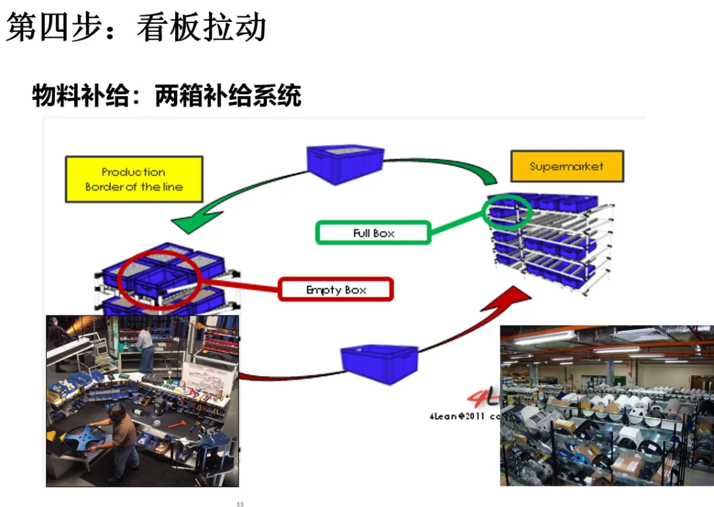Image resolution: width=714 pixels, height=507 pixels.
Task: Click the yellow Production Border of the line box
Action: [x=134, y=179]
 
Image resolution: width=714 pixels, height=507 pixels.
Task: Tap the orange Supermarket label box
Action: [x=567, y=166]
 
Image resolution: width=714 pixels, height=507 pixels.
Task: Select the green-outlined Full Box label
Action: [x=374, y=233]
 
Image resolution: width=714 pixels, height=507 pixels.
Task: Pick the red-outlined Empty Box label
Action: [x=336, y=290]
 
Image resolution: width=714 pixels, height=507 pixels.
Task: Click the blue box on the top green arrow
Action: [x=345, y=163]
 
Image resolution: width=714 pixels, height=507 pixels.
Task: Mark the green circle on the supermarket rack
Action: [x=507, y=210]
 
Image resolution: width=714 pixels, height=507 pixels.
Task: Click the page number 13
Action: [x=240, y=504]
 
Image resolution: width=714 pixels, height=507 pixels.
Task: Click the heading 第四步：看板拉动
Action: [x=136, y=28]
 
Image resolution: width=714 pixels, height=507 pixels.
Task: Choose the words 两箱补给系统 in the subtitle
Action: [x=228, y=96]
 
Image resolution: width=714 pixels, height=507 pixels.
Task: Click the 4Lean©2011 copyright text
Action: [x=463, y=416]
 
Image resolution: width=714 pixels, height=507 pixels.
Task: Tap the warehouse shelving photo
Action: [x=606, y=405]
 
